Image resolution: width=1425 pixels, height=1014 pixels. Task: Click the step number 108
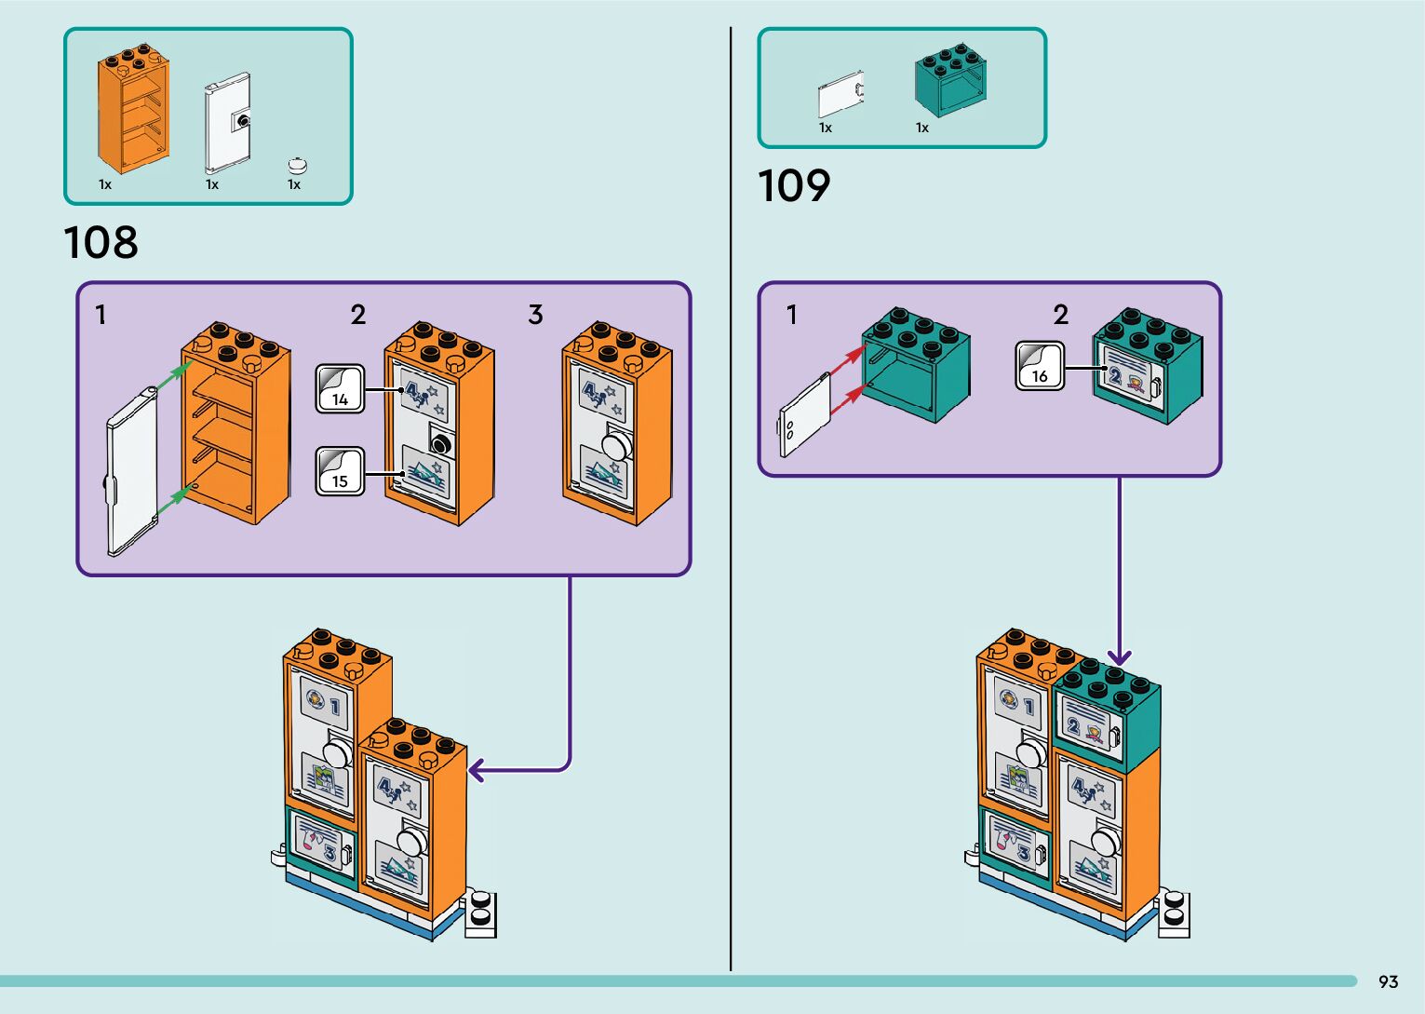pyautogui.click(x=101, y=243)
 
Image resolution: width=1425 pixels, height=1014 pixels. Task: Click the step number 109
pyautogui.click(x=794, y=186)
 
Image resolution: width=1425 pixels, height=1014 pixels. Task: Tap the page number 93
pyautogui.click(x=1388, y=982)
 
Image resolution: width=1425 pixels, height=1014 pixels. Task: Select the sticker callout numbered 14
pyautogui.click(x=340, y=388)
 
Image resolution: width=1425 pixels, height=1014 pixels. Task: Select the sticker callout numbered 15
pyautogui.click(x=340, y=470)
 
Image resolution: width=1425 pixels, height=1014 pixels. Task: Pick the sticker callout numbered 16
pyautogui.click(x=1039, y=365)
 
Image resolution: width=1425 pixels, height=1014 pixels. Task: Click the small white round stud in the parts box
pyautogui.click(x=298, y=166)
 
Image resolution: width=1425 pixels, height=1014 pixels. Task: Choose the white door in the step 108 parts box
pyautogui.click(x=227, y=123)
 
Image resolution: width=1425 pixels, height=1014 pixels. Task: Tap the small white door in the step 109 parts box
pyautogui.click(x=840, y=95)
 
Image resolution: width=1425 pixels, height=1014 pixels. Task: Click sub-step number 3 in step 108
pyautogui.click(x=535, y=316)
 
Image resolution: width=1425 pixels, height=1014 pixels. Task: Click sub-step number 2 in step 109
pyautogui.click(x=1060, y=316)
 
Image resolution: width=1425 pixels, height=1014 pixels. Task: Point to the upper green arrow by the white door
pyautogui.click(x=169, y=378)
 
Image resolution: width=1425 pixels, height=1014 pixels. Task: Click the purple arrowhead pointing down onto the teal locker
pyautogui.click(x=1119, y=658)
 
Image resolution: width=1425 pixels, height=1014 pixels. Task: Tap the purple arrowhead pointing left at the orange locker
pyautogui.click(x=477, y=770)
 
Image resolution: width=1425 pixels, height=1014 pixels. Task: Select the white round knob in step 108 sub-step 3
pyautogui.click(x=615, y=444)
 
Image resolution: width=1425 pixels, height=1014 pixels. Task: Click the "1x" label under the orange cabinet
pyautogui.click(x=105, y=184)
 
